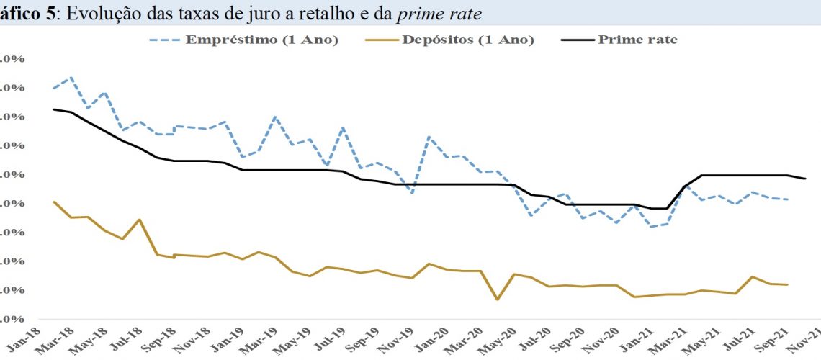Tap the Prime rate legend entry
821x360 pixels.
click(x=637, y=40)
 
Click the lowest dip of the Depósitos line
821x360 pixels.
click(x=497, y=299)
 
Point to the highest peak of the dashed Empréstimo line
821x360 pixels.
click(x=71, y=77)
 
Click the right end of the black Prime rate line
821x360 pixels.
click(x=804, y=179)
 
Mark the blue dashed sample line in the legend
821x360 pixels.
click(x=165, y=40)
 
